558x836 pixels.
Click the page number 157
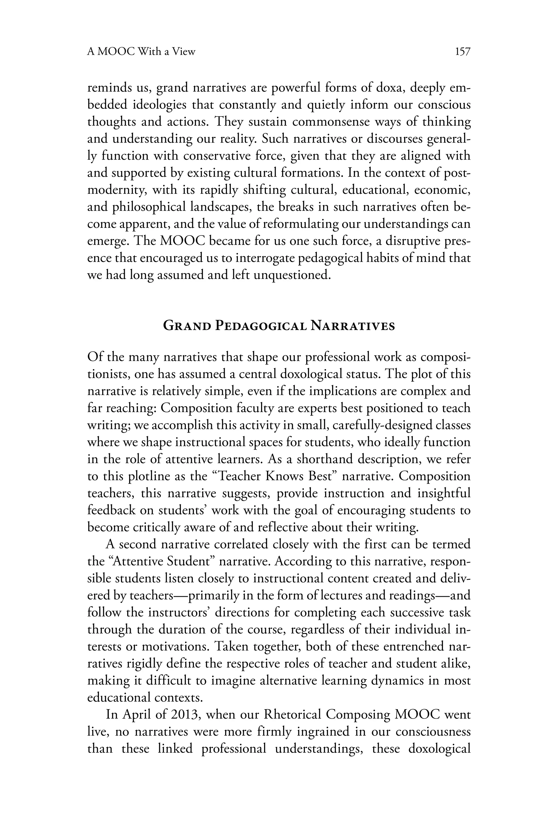point(463,52)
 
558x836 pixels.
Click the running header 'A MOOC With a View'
point(141,52)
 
